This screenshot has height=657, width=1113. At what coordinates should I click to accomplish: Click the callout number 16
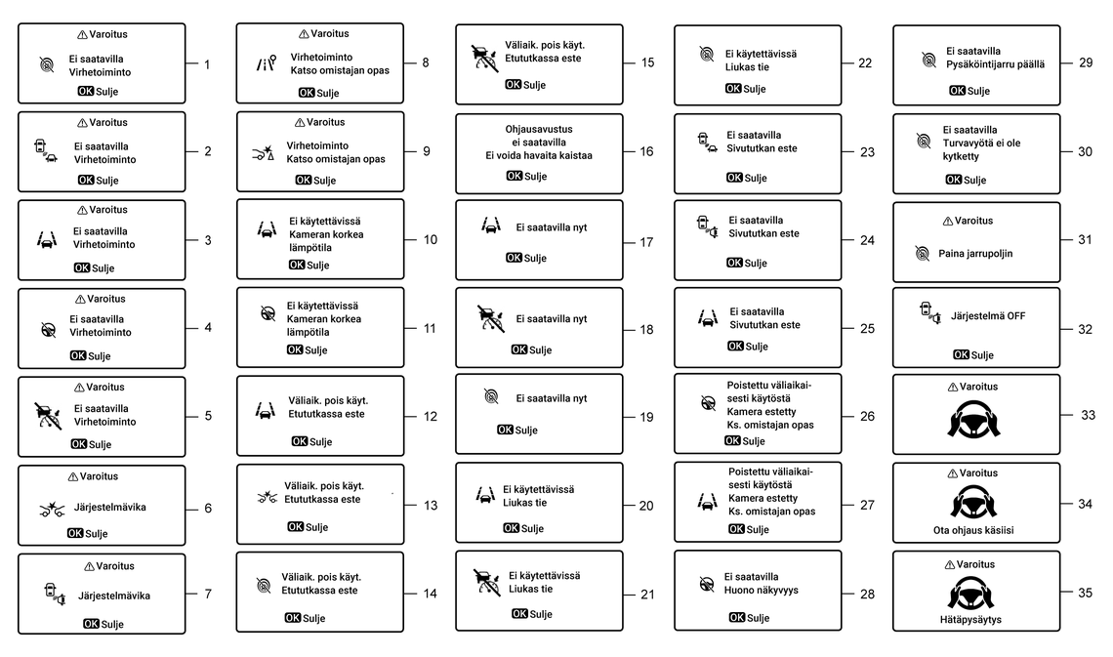point(647,152)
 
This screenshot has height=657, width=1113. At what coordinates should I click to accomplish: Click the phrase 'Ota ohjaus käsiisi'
point(974,532)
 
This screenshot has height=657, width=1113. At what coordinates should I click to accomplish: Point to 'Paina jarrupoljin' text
point(975,253)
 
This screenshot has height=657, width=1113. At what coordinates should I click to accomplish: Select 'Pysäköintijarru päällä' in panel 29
point(997,64)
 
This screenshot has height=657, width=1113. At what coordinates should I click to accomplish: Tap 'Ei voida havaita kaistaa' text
point(539,155)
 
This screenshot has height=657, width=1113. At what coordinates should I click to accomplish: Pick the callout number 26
point(867,416)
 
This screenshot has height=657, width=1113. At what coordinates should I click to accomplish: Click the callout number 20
point(646,506)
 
